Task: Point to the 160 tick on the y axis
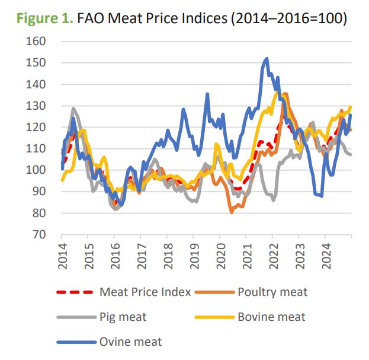[36, 42]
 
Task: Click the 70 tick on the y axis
[39, 234]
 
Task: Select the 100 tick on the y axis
[36, 170]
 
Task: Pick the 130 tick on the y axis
[36, 106]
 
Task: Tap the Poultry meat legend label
[272, 291]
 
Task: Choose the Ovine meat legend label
[131, 342]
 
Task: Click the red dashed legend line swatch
[75, 292]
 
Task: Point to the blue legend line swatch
[75, 342]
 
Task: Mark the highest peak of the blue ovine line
[267, 59]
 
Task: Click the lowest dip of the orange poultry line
[232, 212]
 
